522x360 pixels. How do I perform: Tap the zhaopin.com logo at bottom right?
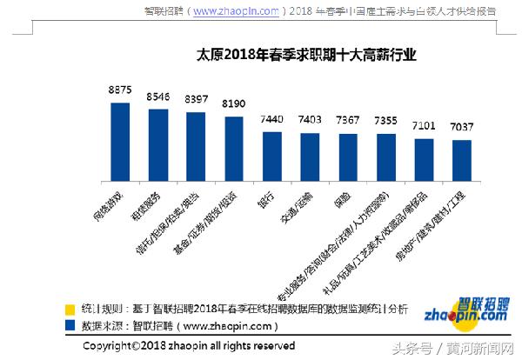coord(460,312)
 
